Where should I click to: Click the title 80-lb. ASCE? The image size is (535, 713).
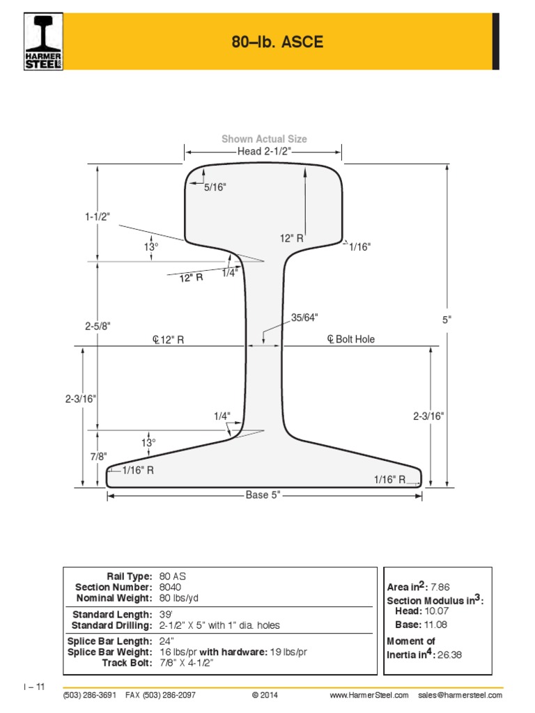(x=277, y=43)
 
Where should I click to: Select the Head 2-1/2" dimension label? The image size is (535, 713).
(x=263, y=152)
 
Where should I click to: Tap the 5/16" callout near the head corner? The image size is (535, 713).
(x=215, y=187)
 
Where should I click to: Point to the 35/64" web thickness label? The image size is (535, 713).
(x=304, y=318)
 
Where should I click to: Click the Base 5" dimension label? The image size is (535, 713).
(x=263, y=495)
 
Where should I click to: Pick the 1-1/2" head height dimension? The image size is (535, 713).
(x=98, y=217)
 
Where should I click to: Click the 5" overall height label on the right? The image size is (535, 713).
(x=447, y=320)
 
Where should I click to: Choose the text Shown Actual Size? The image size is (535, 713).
(x=264, y=139)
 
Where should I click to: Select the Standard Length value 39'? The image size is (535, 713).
(x=166, y=614)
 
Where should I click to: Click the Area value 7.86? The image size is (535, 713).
(x=441, y=588)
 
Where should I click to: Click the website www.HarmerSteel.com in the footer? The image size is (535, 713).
(x=369, y=696)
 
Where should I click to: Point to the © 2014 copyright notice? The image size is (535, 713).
(x=265, y=696)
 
